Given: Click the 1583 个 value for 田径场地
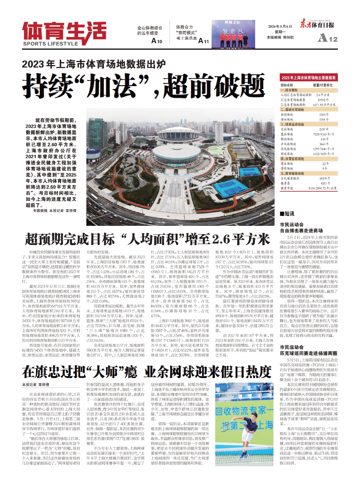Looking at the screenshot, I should (x=324, y=115).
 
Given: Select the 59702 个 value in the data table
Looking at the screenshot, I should (x=323, y=100).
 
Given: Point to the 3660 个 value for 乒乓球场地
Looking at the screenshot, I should (x=324, y=144).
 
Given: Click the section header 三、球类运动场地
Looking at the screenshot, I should (x=292, y=124).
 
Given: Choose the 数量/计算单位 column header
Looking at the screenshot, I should (x=322, y=85).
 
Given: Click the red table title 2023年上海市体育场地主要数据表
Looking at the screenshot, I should (x=308, y=78).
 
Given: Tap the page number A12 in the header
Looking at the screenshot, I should (x=327, y=38).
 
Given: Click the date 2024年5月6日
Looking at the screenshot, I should (x=280, y=26).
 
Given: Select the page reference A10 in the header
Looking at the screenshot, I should (x=157, y=41).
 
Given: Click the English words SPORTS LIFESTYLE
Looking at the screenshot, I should (x=50, y=44).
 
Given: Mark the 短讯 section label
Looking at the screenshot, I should (x=289, y=213).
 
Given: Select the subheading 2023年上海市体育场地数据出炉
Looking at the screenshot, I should (x=93, y=64).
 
